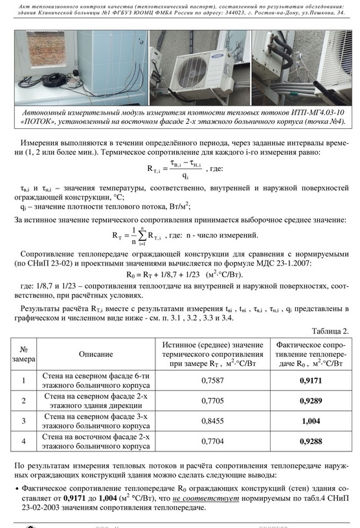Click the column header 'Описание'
[96, 354]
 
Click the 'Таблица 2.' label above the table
[330, 331]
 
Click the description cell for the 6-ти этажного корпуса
[96, 380]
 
